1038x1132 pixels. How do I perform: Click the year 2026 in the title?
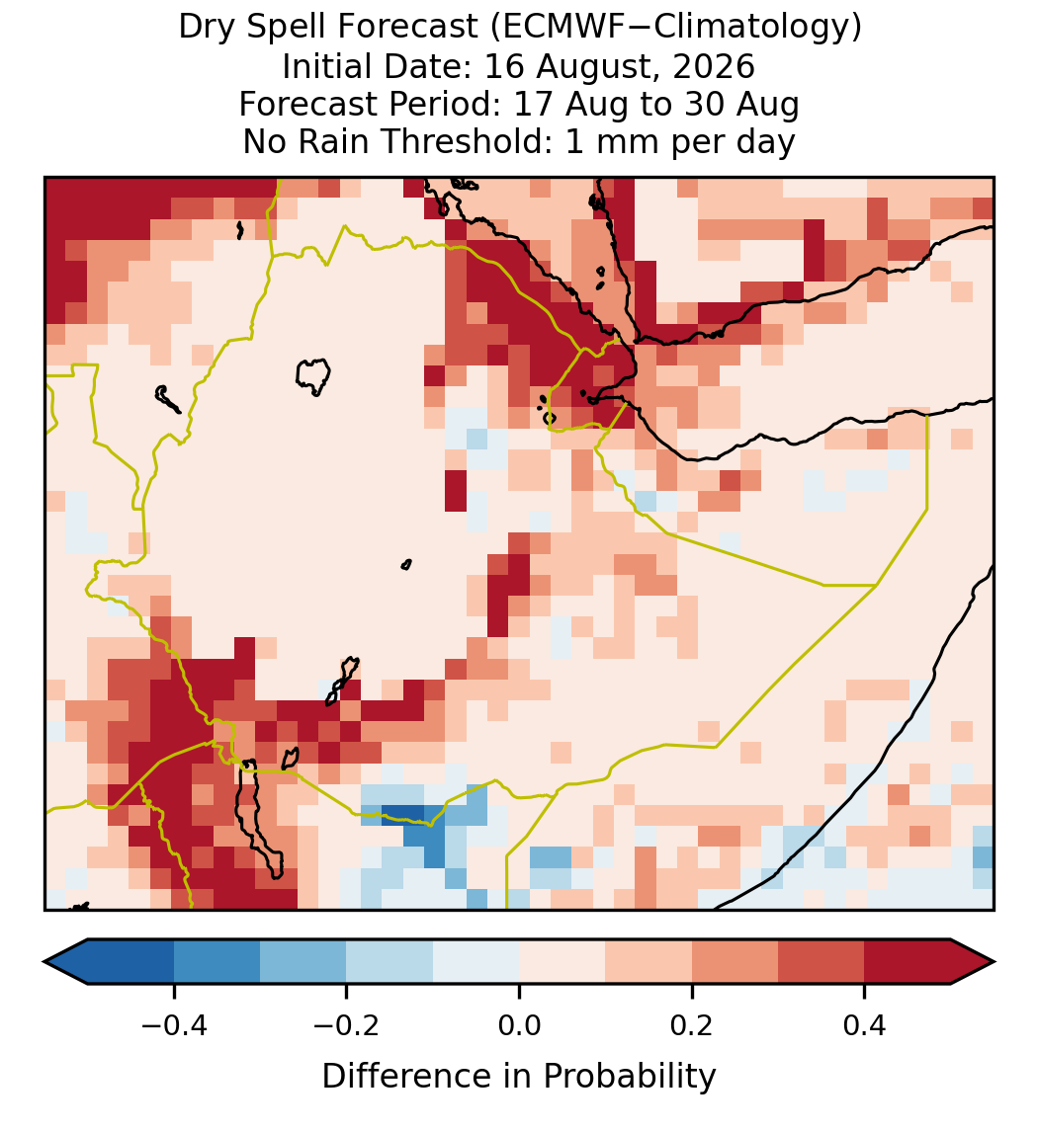coord(714,66)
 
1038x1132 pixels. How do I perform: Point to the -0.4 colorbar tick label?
coord(174,1024)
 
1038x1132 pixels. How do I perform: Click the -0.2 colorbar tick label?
coord(347,1024)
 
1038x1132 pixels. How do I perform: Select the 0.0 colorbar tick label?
coord(519,1024)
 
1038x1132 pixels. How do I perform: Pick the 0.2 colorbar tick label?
coord(692,1024)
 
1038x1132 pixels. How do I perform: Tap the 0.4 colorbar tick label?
coord(865,1024)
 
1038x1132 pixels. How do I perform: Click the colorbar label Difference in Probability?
coord(519,1076)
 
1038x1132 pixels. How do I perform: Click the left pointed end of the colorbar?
coord(44,962)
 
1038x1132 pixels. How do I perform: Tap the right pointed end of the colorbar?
coord(994,962)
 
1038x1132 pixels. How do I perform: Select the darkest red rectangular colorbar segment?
coord(908,962)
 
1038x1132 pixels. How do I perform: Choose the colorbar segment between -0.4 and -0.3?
coord(216,962)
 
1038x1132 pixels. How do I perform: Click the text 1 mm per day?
coord(680,141)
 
